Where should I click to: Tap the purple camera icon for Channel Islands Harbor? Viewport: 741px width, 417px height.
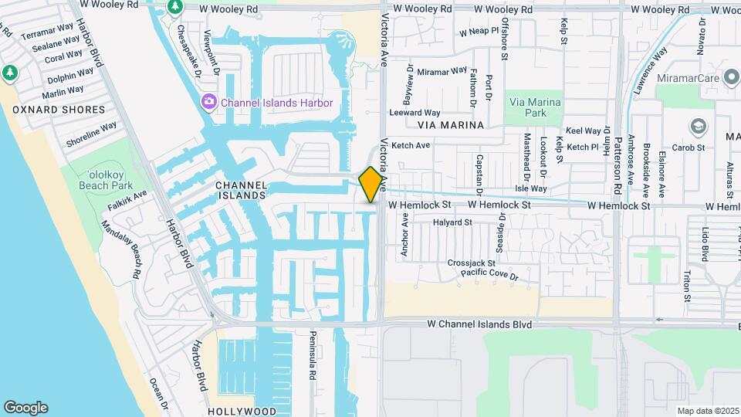tap(208, 103)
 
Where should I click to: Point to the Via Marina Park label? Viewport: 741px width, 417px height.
tap(534, 107)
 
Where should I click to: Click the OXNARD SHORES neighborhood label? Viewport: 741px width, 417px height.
tap(59, 110)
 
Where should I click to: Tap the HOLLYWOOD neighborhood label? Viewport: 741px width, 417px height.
tap(242, 411)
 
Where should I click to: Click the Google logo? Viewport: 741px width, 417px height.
tap(25, 408)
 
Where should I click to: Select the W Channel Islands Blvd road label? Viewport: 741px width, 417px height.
tap(479, 324)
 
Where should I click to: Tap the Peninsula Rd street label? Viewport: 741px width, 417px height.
tap(313, 359)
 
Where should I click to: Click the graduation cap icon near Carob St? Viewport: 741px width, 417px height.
tap(699, 126)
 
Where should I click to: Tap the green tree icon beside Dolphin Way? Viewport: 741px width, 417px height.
tap(9, 73)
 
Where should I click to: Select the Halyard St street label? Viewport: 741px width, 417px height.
tap(452, 222)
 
